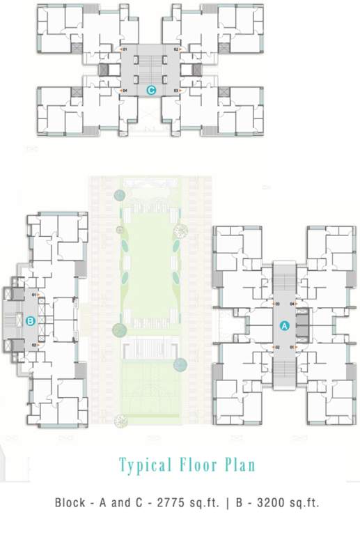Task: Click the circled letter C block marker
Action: tap(150, 90)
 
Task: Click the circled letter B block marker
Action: tap(30, 321)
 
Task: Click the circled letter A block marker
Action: tap(284, 325)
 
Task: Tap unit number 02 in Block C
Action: tap(176, 50)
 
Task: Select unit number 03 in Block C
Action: tap(176, 91)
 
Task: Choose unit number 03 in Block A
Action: tap(277, 304)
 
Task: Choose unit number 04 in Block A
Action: tap(292, 304)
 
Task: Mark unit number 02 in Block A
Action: tap(277, 347)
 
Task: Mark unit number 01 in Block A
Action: tap(292, 347)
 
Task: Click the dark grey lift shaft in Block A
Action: tap(302, 326)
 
